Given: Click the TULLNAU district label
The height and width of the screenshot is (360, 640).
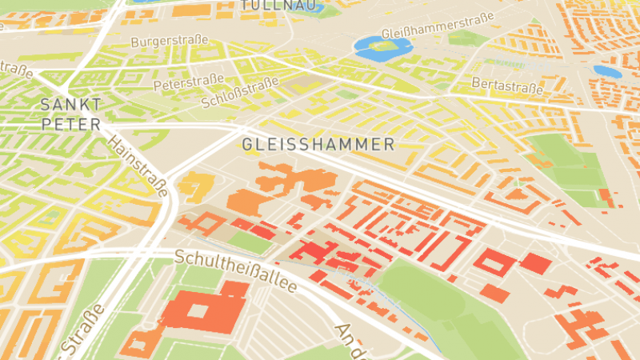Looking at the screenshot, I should pyautogui.click(x=270, y=6).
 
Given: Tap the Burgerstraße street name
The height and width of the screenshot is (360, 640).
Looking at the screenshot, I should pyautogui.click(x=169, y=40).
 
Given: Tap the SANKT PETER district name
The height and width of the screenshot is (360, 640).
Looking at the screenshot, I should pyautogui.click(x=71, y=114).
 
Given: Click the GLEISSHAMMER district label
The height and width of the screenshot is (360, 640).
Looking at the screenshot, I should pyautogui.click(x=318, y=145).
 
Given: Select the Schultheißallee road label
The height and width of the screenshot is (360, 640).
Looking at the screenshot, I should pyautogui.click(x=236, y=271).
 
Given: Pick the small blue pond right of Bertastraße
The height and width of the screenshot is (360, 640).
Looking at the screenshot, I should pyautogui.click(x=607, y=70).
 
